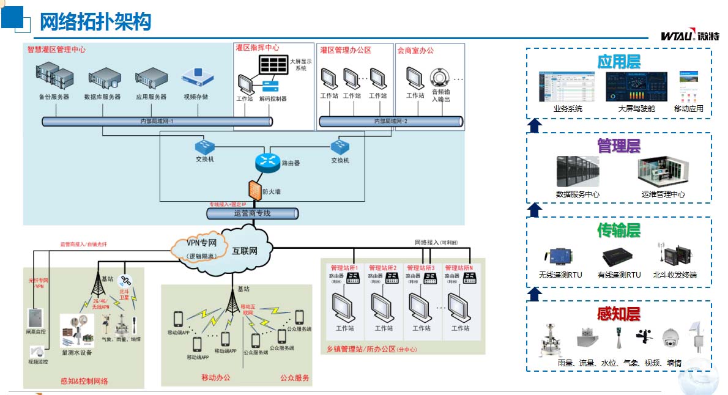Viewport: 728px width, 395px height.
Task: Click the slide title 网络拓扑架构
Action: (95, 22)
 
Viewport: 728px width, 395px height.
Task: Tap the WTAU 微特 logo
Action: (689, 35)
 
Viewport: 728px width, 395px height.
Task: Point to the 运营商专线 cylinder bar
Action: (252, 213)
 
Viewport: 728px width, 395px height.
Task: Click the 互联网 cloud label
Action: (245, 251)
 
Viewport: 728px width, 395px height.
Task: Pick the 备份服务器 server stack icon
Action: (54, 76)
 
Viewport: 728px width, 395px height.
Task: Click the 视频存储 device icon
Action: (196, 78)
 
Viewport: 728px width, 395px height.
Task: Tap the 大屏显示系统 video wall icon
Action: (274, 64)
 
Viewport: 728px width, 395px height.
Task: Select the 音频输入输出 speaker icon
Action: (440, 78)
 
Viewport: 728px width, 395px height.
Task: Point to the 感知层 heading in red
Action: (618, 314)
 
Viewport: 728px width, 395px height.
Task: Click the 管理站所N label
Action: (460, 268)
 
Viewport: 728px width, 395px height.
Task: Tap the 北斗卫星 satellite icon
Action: (126, 281)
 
